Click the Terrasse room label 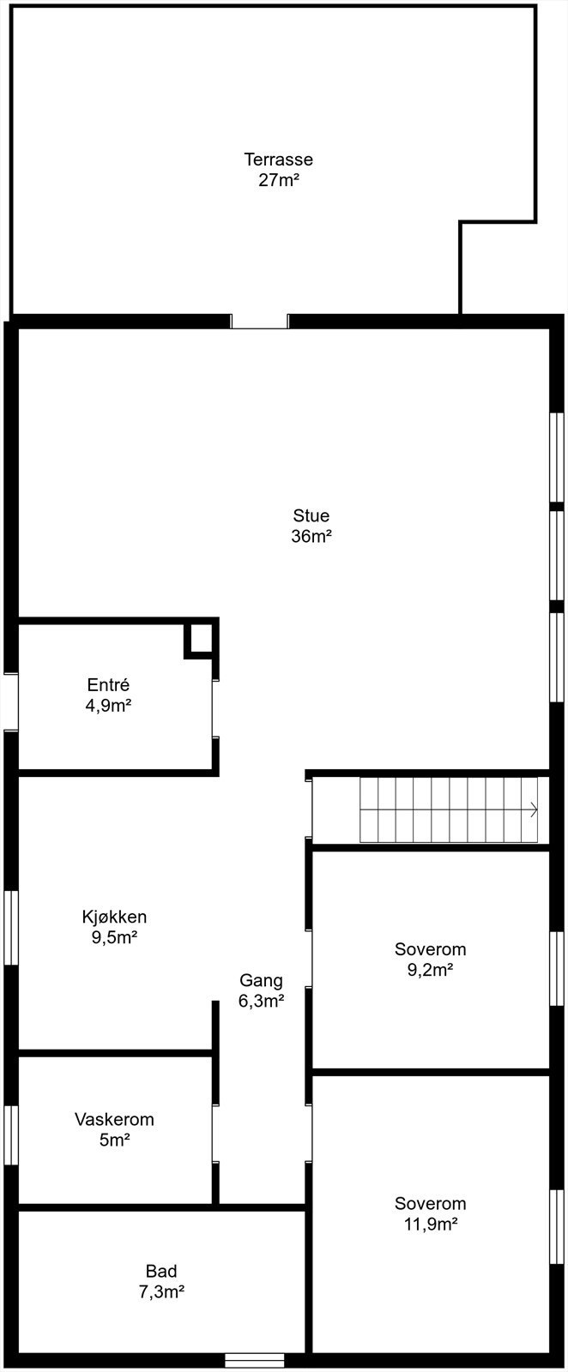click(278, 159)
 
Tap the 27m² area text click(278, 180)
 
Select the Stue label click(311, 516)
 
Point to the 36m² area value click(311, 537)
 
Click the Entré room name click(108, 685)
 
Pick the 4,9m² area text click(108, 706)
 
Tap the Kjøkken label click(114, 917)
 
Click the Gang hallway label click(261, 981)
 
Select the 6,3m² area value click(261, 1001)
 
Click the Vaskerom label click(114, 1119)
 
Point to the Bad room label click(161, 1272)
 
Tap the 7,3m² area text click(161, 1292)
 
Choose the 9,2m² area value click(430, 970)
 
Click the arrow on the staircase click(534, 809)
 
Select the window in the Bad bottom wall click(254, 1360)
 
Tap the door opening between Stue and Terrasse click(259, 322)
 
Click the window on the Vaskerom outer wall click(11, 1135)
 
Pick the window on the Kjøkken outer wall click(11, 928)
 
